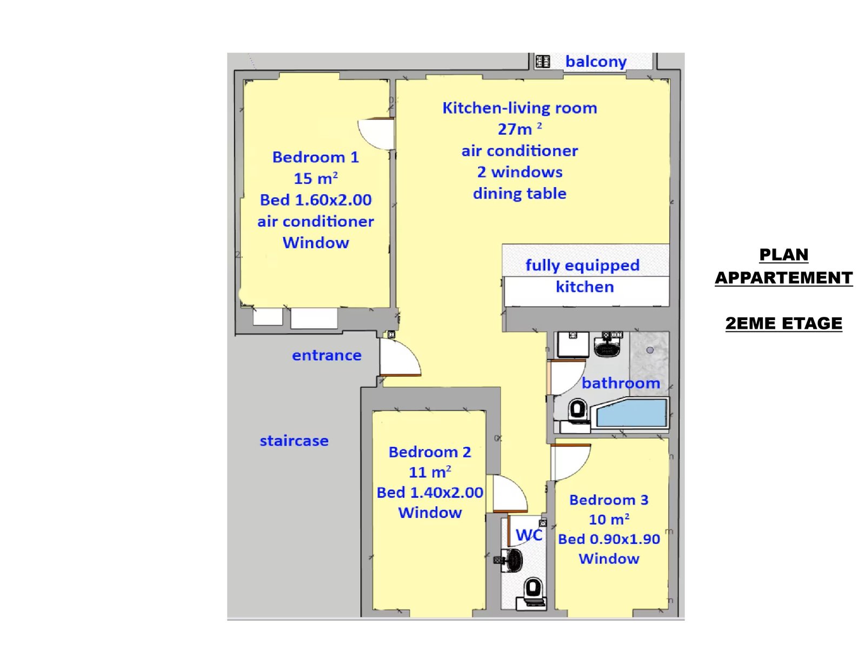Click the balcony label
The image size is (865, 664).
[x=596, y=62]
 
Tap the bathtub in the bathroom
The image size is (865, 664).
[x=630, y=413]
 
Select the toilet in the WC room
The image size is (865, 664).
[x=533, y=593]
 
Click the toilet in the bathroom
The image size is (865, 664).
[x=577, y=411]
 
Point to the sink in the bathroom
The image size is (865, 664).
[x=607, y=345]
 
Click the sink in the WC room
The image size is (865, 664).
[x=510, y=561]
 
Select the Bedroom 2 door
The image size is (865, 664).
[x=510, y=493]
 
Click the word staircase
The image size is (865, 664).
[x=294, y=441]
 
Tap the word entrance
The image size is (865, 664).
[x=327, y=355]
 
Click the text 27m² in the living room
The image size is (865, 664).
[x=520, y=129]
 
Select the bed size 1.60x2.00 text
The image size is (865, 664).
[x=333, y=200]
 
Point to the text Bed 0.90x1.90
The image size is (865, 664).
[x=609, y=539]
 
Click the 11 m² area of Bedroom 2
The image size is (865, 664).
[x=430, y=472]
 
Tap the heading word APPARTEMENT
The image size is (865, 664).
[x=783, y=277]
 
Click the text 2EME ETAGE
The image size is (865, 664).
[x=783, y=323]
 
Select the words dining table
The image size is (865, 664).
[x=520, y=194]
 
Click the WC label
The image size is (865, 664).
[x=529, y=535]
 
